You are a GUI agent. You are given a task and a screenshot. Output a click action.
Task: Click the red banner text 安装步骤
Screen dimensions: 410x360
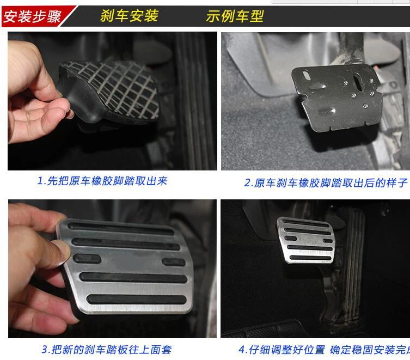tap(32, 16)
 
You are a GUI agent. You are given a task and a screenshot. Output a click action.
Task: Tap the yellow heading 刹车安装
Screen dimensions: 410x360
tap(129, 15)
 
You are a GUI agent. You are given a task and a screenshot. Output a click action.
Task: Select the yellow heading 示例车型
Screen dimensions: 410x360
tap(235, 16)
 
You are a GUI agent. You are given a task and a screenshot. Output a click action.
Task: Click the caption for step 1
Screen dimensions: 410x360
tap(102, 181)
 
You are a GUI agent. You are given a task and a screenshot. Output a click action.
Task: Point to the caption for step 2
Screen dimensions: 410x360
tap(326, 182)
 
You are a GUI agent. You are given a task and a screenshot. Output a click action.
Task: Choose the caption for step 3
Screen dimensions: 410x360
tap(106, 350)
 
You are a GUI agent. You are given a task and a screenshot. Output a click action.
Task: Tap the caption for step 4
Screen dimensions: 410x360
tap(324, 350)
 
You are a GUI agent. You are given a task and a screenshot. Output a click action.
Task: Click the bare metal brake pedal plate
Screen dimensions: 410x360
tap(337, 97)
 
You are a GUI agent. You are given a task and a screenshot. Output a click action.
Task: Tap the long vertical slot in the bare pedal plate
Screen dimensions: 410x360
tap(358, 82)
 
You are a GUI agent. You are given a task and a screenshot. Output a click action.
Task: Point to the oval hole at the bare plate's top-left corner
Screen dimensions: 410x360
tap(306, 75)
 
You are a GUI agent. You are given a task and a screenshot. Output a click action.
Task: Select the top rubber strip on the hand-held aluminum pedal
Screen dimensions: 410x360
tap(121, 228)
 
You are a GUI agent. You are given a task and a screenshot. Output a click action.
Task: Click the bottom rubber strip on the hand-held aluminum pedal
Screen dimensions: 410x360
tap(137, 300)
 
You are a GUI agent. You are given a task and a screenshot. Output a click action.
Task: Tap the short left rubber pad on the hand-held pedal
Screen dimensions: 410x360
tap(87, 259)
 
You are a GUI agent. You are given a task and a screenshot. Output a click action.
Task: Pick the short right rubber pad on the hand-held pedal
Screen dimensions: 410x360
tap(174, 261)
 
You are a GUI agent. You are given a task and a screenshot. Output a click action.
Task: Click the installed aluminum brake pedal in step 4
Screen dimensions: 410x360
tap(305, 240)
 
